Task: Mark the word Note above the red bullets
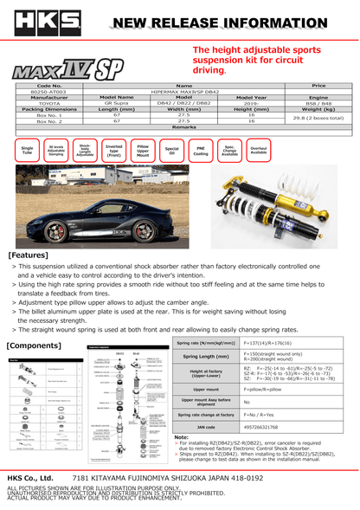click(182, 437)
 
